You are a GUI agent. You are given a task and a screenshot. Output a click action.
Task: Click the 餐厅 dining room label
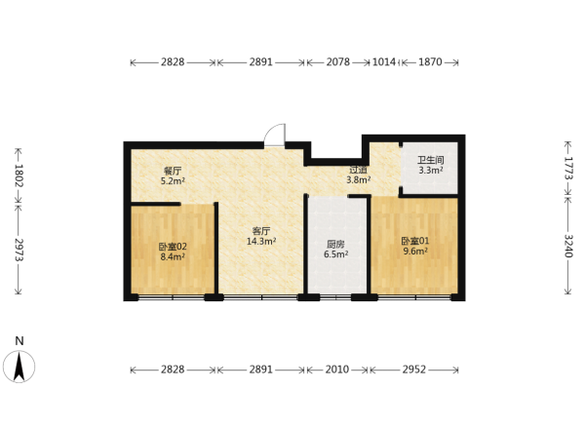tap(173, 172)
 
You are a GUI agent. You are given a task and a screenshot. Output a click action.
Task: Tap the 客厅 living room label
tap(261, 231)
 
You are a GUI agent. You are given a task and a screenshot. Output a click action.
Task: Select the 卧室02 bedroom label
tap(173, 247)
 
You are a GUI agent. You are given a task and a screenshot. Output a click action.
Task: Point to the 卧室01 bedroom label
tap(415, 241)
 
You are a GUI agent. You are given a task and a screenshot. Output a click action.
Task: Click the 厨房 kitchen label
tap(335, 245)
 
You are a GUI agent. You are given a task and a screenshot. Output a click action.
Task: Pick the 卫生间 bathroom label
tap(431, 161)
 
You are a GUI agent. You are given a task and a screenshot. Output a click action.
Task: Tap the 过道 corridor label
tap(358, 170)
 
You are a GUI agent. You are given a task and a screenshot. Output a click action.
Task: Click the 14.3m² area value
tap(261, 241)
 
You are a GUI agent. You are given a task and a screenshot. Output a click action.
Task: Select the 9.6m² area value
tap(415, 252)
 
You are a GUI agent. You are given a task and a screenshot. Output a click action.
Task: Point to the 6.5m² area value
tap(335, 254)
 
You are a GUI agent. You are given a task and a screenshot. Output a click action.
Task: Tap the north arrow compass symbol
tap(19, 367)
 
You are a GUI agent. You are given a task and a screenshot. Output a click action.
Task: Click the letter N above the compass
tap(19, 341)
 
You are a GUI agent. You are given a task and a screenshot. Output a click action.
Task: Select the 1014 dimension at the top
tap(384, 62)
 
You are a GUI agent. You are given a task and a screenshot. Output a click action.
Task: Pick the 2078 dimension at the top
tap(338, 62)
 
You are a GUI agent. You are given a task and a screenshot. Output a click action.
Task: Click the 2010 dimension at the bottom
tap(337, 370)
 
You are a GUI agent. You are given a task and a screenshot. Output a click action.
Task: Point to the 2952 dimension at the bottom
tap(414, 370)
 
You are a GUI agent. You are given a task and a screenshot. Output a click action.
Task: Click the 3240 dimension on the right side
tap(567, 246)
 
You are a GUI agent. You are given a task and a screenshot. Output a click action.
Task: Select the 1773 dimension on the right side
tap(567, 168)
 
